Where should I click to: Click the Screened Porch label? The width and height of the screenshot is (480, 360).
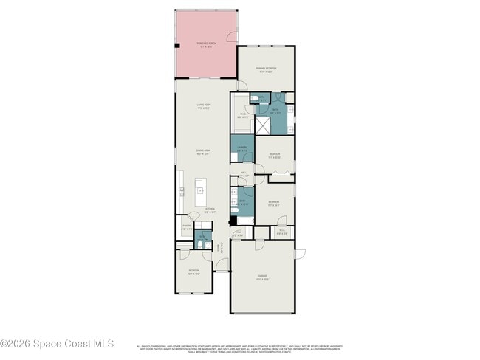tap(206, 45)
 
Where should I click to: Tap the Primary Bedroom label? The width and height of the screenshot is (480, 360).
tap(266, 70)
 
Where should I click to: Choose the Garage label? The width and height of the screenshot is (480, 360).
tap(262, 279)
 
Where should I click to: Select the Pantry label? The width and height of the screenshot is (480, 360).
tap(186, 228)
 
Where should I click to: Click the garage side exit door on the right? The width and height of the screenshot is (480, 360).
tap(299, 254)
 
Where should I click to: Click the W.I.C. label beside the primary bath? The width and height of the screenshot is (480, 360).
tap(241, 114)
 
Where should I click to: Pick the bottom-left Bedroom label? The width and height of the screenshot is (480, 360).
tap(193, 271)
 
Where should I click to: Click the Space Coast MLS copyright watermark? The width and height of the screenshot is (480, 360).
tap(57, 343)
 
